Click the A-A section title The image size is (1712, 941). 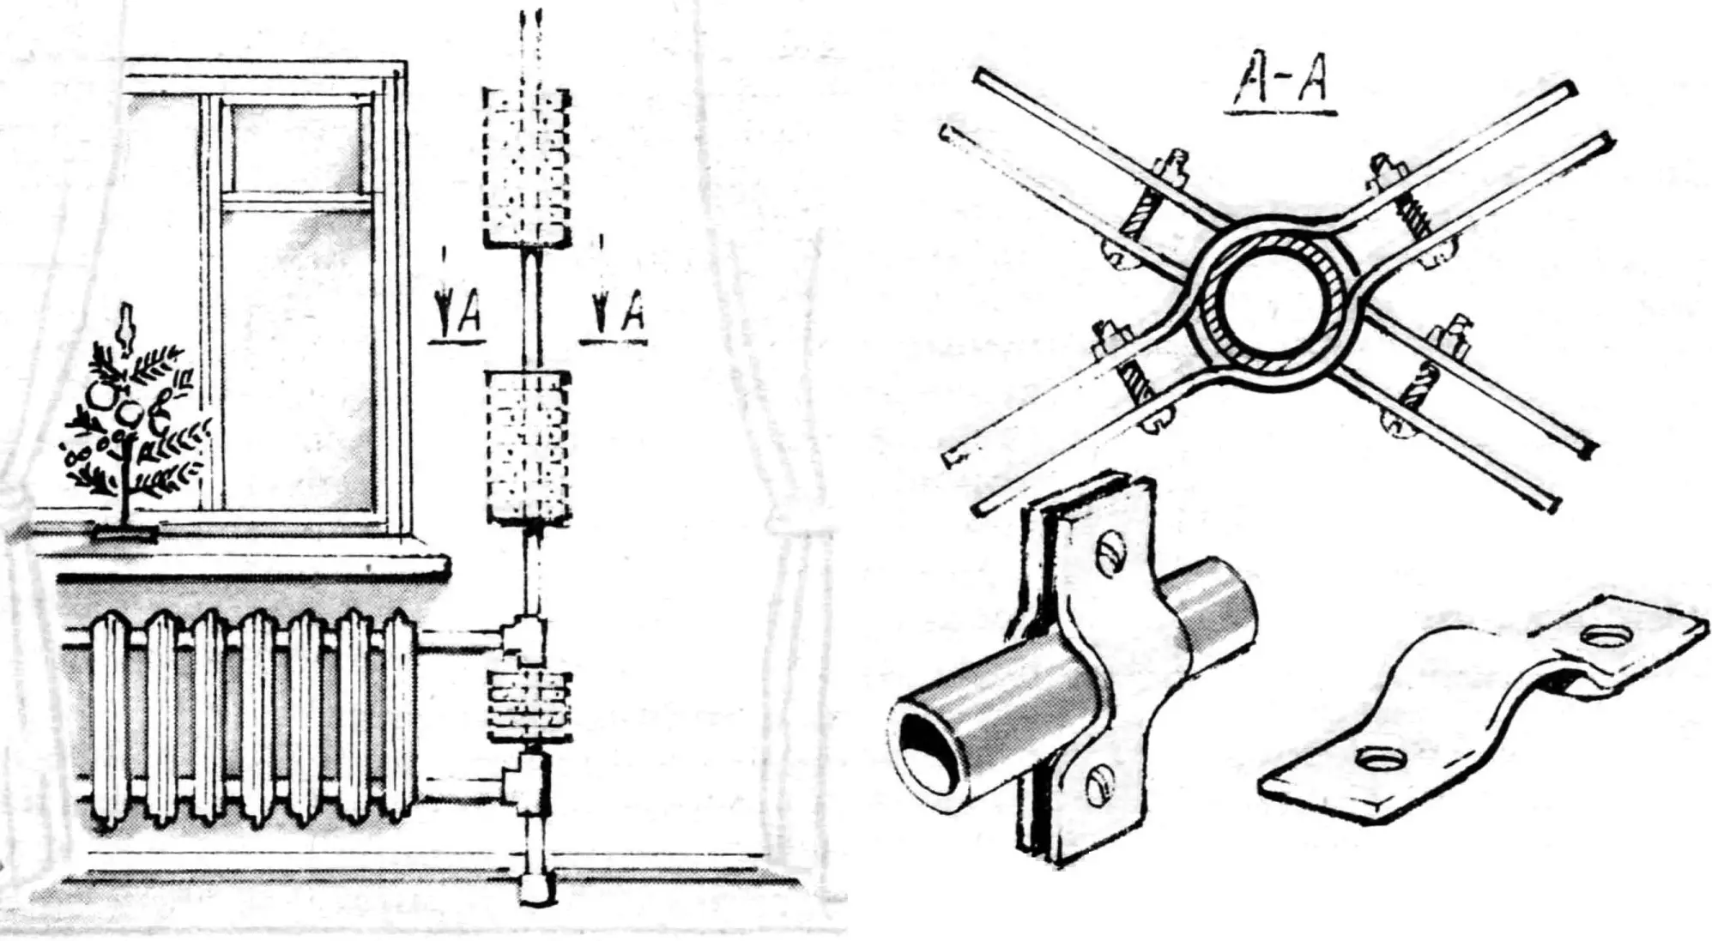pyautogui.click(x=1284, y=86)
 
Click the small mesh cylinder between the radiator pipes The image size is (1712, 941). pyautogui.click(x=529, y=704)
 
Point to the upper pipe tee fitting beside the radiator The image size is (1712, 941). pyautogui.click(x=525, y=639)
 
